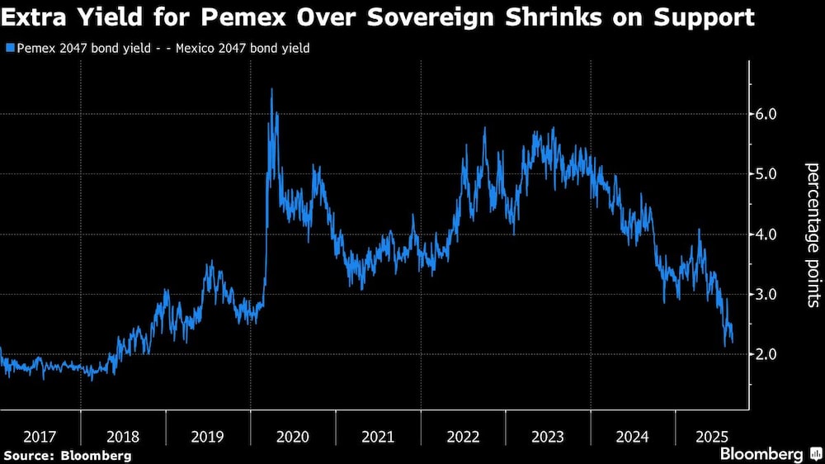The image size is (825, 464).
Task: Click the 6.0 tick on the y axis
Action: tap(767, 114)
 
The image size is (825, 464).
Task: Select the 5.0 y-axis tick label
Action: tap(767, 174)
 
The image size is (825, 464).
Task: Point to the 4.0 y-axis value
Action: tap(767, 234)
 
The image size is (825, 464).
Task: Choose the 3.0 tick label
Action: tap(767, 295)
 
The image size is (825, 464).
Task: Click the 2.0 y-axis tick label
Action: tap(767, 354)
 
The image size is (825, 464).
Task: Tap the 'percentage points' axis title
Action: tap(812, 234)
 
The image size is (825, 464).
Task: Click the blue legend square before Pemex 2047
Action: tap(9, 49)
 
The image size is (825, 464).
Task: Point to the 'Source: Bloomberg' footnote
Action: tap(67, 455)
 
